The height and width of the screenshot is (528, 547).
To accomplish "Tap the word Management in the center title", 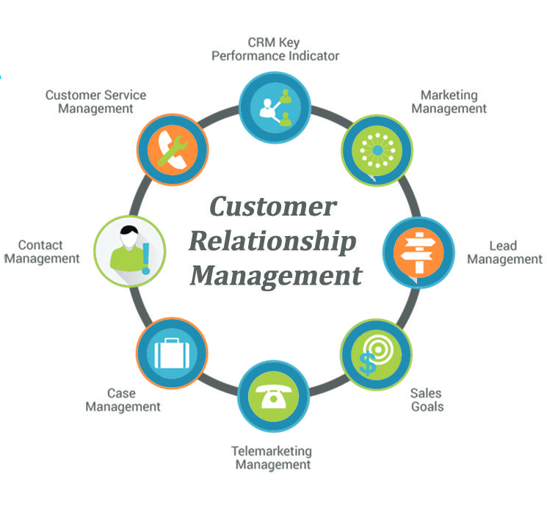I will pyautogui.click(x=276, y=276).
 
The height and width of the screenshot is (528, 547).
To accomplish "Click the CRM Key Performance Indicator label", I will pyautogui.click(x=275, y=49).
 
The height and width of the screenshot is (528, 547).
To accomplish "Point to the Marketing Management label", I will pyautogui.click(x=449, y=102).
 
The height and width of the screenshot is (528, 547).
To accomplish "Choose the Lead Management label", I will pyautogui.click(x=504, y=252).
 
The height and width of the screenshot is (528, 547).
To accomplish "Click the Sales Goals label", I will pyautogui.click(x=427, y=399).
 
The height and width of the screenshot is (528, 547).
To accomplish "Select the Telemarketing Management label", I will pyautogui.click(x=272, y=458).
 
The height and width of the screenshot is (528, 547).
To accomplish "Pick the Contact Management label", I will pyautogui.click(x=41, y=252).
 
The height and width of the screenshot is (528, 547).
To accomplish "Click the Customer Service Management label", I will pyautogui.click(x=95, y=101).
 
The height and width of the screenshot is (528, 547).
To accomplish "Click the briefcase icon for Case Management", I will pyautogui.click(x=172, y=356).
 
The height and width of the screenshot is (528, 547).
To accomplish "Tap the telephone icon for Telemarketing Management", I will pyautogui.click(x=273, y=396).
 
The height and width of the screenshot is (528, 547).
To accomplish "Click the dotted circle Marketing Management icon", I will pyautogui.click(x=377, y=149).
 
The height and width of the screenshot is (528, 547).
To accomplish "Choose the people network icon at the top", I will pyautogui.click(x=275, y=106).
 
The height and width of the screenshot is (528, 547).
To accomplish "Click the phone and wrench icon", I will pyautogui.click(x=173, y=149).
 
